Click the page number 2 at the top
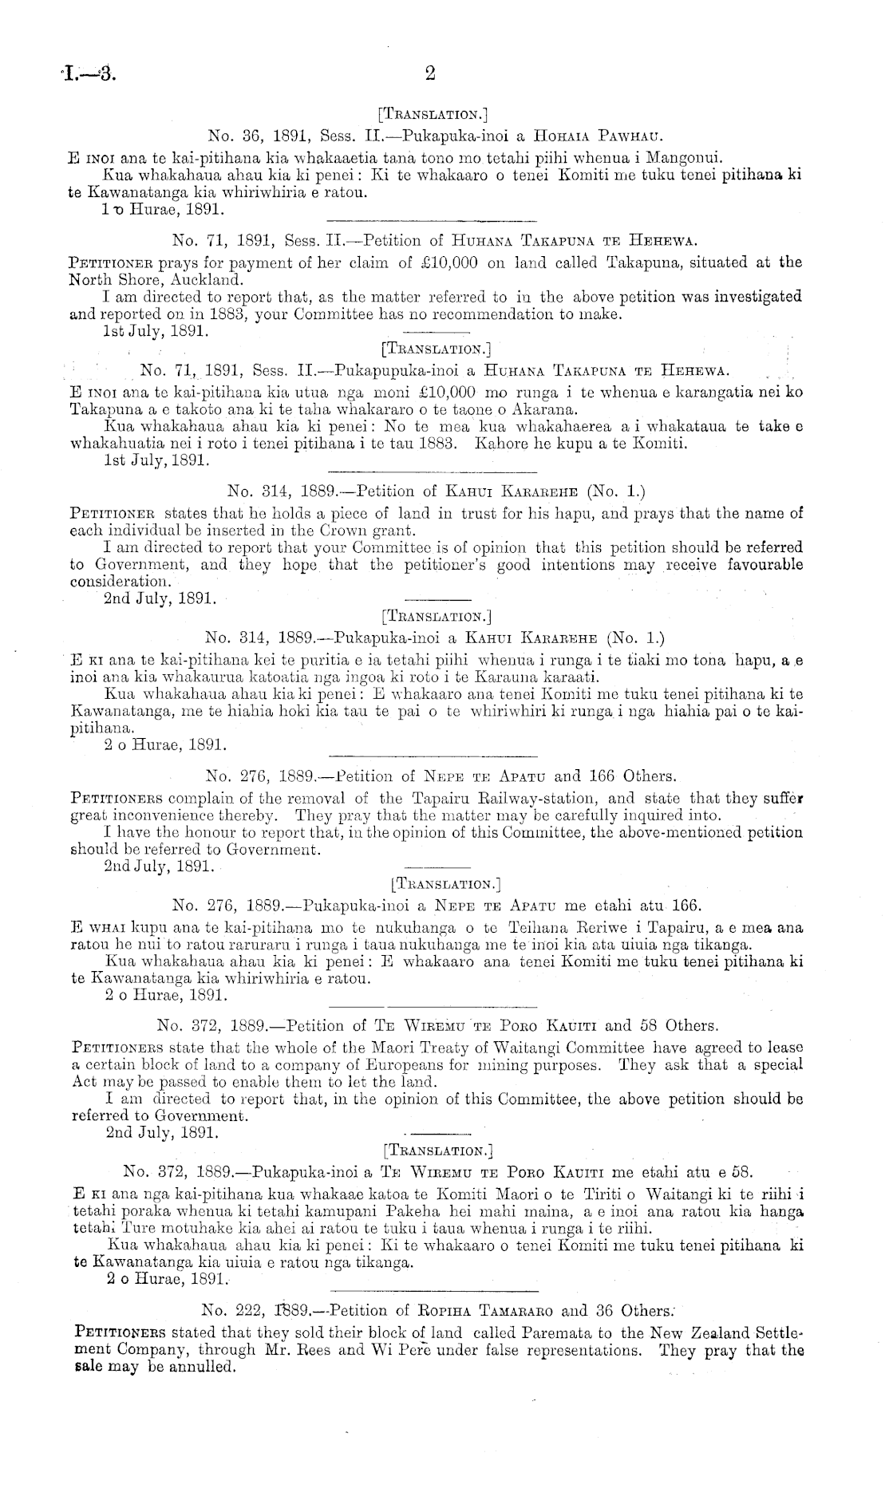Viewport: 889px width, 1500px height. point(430,74)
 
